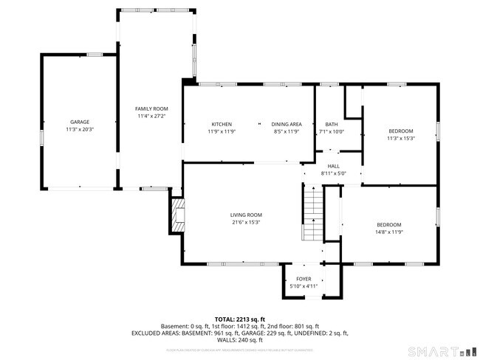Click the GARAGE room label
coord(79,122)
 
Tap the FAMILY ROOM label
coord(151,109)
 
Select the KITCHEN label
coord(222,124)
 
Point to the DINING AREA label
coord(286,124)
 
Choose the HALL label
coord(333,166)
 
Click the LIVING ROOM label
coord(245,215)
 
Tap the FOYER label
coord(304,279)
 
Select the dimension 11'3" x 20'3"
coord(79,129)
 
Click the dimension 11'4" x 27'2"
coord(151,117)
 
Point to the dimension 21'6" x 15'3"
coord(245,222)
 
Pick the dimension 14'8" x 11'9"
coord(388,232)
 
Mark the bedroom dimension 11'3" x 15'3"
coord(400,138)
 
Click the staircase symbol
coord(312,213)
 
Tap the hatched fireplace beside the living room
coord(177,214)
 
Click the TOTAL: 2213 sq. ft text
coord(239,319)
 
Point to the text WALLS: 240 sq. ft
coord(239,340)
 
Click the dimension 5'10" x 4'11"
coord(304,286)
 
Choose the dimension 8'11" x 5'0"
coord(333,173)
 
